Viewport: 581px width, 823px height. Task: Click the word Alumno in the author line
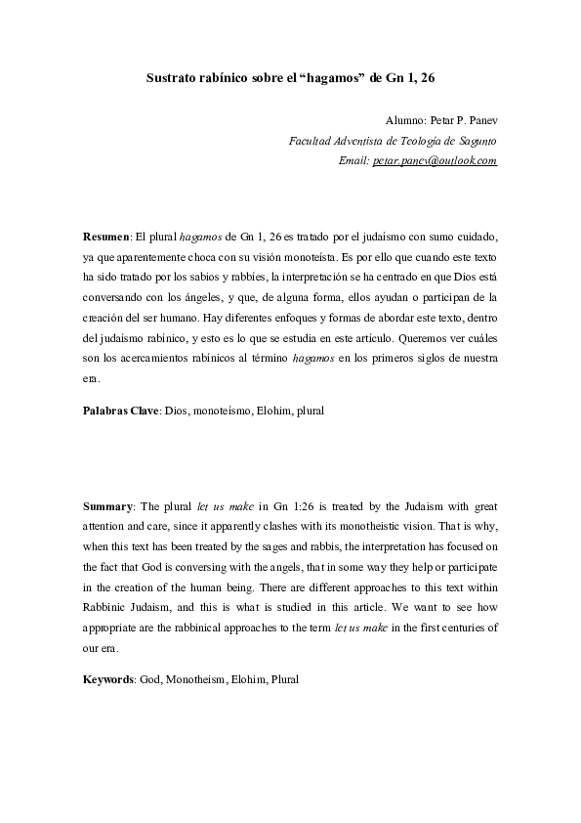point(406,120)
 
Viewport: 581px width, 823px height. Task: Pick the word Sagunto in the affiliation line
point(477,141)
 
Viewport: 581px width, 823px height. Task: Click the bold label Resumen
point(105,238)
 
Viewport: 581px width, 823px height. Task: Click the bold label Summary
point(107,506)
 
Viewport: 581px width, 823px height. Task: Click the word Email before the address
point(353,160)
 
